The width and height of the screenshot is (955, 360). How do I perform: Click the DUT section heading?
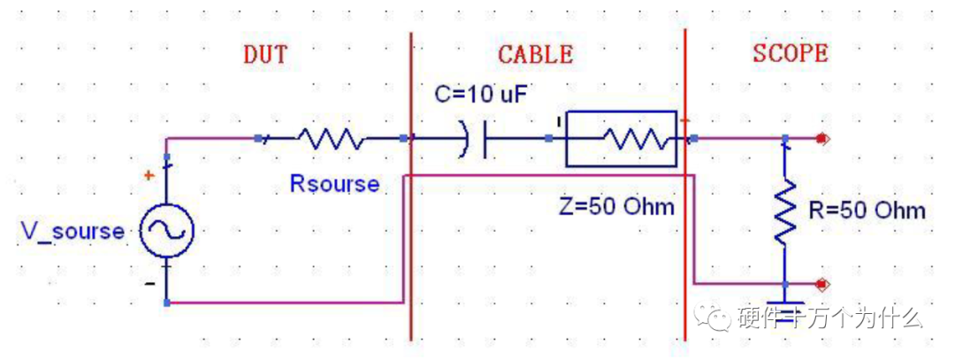pyautogui.click(x=265, y=54)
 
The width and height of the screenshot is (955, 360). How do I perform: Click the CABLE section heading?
pyautogui.click(x=535, y=54)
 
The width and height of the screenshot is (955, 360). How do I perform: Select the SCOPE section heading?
pyautogui.click(x=791, y=53)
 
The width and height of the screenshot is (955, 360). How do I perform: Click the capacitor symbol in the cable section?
pyautogui.click(x=477, y=139)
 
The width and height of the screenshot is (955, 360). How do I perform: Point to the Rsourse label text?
pyautogui.click(x=334, y=184)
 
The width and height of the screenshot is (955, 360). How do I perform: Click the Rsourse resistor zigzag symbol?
pyautogui.click(x=329, y=139)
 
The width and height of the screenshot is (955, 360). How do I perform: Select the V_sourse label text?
pyautogui.click(x=73, y=232)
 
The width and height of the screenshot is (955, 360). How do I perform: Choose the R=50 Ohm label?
pyautogui.click(x=867, y=211)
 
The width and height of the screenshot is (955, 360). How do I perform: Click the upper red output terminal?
pyautogui.click(x=823, y=139)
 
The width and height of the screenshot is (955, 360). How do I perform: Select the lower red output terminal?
pyautogui.click(x=823, y=285)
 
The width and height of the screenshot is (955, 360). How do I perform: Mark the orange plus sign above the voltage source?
pyautogui.click(x=149, y=176)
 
